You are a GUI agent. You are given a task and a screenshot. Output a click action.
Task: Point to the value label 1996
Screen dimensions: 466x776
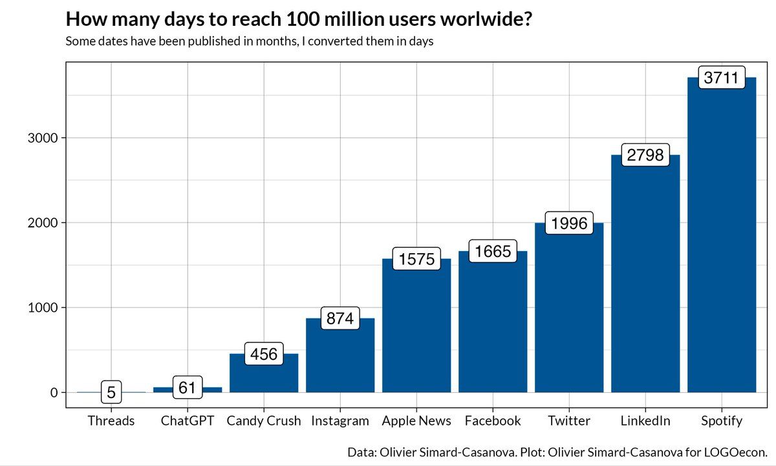(x=569, y=223)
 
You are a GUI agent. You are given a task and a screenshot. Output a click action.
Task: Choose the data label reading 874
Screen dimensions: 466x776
(x=340, y=318)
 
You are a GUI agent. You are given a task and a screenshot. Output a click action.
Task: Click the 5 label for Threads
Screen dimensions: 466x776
(x=111, y=392)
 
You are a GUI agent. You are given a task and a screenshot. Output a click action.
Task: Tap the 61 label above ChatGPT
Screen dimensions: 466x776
(x=188, y=387)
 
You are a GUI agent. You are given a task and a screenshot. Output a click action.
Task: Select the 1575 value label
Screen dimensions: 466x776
(x=416, y=259)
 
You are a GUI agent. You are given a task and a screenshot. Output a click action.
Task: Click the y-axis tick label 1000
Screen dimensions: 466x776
(x=43, y=307)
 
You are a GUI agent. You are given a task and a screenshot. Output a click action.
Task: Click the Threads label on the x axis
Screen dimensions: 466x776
(x=111, y=421)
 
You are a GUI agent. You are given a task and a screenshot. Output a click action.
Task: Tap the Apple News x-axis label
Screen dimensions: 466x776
(x=416, y=421)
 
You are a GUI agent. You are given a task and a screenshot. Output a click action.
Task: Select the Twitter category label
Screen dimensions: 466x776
(x=569, y=421)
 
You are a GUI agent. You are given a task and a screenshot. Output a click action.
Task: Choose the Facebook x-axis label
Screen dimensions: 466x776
(x=493, y=421)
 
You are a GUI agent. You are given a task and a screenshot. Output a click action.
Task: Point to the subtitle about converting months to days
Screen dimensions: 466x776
(x=249, y=41)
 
